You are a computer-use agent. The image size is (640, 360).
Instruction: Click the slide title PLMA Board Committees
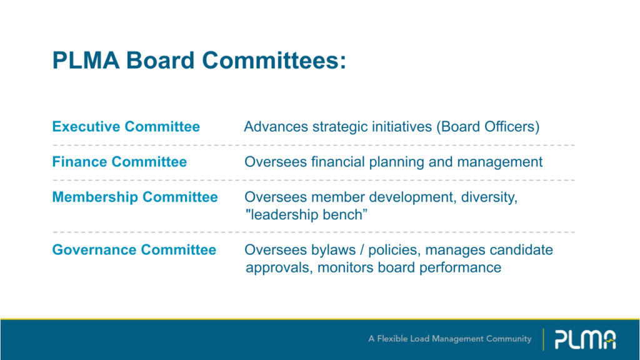[199, 61]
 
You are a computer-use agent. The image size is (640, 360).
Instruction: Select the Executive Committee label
[126, 126]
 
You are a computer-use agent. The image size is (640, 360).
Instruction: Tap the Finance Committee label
[119, 162]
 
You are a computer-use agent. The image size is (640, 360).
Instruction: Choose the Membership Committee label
[135, 197]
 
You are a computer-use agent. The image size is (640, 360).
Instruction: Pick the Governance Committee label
[134, 249]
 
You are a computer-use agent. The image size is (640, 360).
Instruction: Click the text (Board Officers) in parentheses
[487, 127]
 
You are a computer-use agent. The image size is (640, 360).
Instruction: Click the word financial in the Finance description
[338, 162]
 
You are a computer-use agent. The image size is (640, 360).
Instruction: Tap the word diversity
[489, 197]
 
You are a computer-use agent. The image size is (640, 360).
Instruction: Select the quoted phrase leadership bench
[306, 215]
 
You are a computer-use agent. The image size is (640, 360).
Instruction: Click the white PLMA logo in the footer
[585, 339]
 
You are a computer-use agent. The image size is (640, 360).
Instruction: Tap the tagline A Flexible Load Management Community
[450, 339]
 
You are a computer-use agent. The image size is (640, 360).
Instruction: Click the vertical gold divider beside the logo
[543, 339]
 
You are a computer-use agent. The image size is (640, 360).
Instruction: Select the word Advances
[276, 126]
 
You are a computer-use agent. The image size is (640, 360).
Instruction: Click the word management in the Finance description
[499, 162]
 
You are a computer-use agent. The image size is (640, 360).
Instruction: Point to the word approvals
[279, 268]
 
